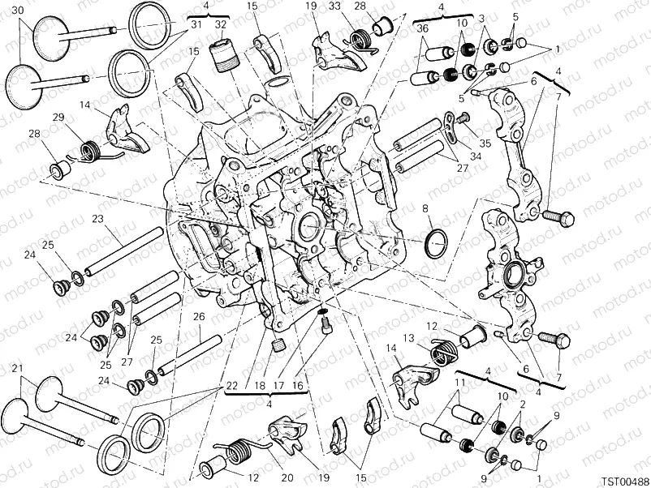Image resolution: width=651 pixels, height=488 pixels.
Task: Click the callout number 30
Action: tap(18, 10)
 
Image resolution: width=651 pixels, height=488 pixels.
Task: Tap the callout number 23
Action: tap(97, 219)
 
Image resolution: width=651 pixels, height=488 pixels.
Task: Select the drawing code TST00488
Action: tap(624, 479)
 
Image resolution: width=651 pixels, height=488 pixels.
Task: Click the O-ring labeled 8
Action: tap(436, 241)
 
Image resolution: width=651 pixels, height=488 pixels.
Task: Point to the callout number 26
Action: tap(198, 317)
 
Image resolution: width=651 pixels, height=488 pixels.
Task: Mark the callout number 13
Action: tap(410, 338)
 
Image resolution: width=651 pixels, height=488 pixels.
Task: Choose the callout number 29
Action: tap(58, 118)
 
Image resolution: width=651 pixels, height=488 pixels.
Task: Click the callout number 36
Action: tap(423, 28)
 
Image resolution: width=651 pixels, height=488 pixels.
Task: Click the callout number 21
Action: tap(16, 369)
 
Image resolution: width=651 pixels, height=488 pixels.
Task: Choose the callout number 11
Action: tap(460, 382)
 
